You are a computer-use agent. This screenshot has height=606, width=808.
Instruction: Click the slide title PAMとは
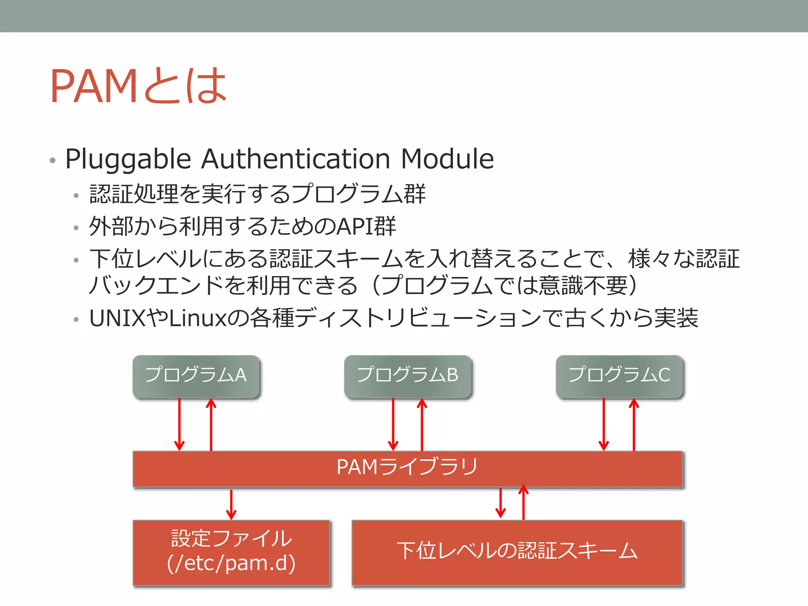(x=138, y=86)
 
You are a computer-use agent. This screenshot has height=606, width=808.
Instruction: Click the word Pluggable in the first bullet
(x=128, y=159)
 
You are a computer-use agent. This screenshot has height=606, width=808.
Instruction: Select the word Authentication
(x=296, y=159)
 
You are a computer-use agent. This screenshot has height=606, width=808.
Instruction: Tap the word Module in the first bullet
(x=447, y=159)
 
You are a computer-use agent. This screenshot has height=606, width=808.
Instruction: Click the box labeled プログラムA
(x=196, y=376)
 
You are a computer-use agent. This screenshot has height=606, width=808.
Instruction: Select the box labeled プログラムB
(x=408, y=376)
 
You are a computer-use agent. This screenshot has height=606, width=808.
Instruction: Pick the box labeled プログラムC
(x=619, y=376)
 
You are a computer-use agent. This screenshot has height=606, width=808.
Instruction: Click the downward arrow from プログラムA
(x=180, y=425)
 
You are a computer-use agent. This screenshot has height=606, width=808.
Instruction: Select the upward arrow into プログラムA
(x=211, y=425)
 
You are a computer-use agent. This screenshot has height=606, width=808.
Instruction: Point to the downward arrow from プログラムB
(x=393, y=425)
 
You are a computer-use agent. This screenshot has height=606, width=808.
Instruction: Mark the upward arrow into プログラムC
(x=634, y=425)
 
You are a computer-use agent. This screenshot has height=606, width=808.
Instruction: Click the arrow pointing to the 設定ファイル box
(x=231, y=505)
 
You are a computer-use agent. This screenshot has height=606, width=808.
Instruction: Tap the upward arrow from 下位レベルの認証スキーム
(x=524, y=503)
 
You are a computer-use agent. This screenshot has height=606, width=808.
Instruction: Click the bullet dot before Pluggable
(x=52, y=160)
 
